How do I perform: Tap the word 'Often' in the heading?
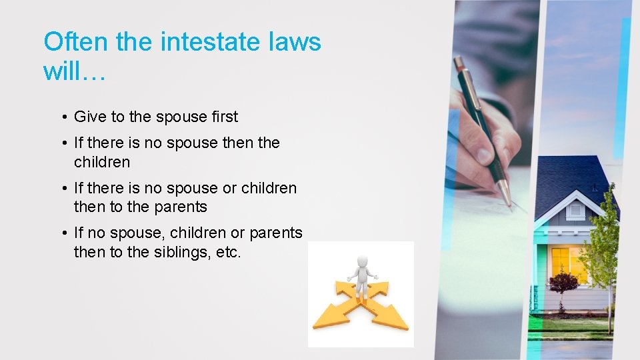pyautogui.click(x=76, y=42)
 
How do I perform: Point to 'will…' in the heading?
pyautogui.click(x=74, y=70)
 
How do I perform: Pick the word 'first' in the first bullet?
pyautogui.click(x=224, y=117)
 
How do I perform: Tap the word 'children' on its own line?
pyautogui.click(x=102, y=162)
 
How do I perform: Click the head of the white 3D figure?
pyautogui.click(x=361, y=261)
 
